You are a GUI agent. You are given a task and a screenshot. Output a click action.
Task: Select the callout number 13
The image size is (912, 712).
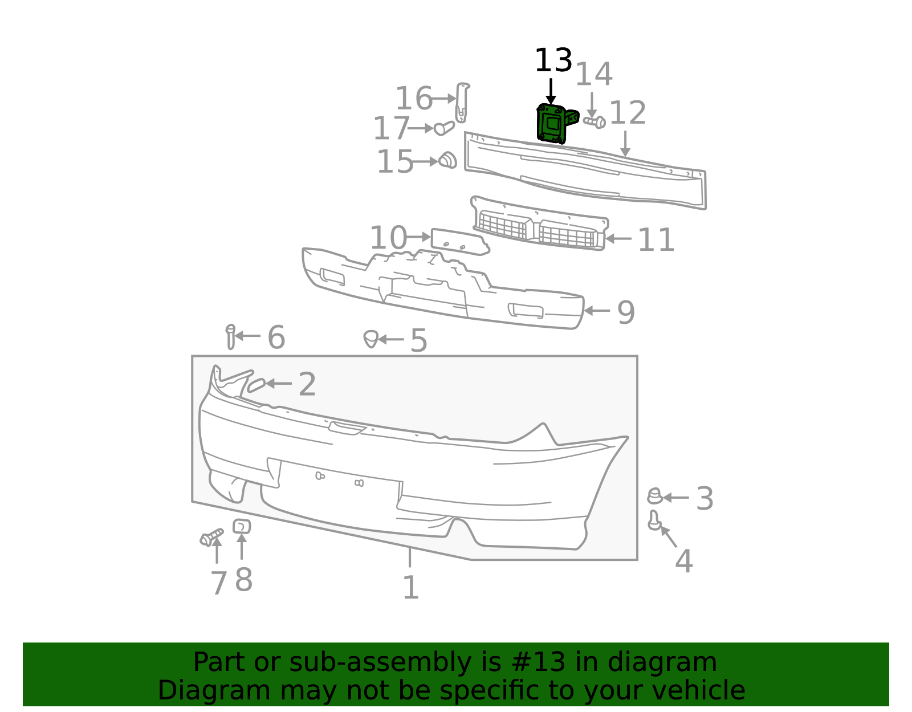point(553,60)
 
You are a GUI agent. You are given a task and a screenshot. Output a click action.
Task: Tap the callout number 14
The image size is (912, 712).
point(593,74)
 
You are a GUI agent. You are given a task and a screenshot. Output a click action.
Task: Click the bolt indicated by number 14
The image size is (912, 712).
point(595,122)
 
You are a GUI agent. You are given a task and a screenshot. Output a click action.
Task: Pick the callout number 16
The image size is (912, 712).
point(414,98)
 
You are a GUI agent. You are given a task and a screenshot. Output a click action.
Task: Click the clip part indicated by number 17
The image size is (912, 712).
point(443,128)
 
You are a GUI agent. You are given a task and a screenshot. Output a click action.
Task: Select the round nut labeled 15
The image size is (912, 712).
point(447,160)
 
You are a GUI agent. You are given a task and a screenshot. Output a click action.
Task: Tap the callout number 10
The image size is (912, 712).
point(388,238)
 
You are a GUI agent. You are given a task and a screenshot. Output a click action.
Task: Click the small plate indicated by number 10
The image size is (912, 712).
point(460,242)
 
